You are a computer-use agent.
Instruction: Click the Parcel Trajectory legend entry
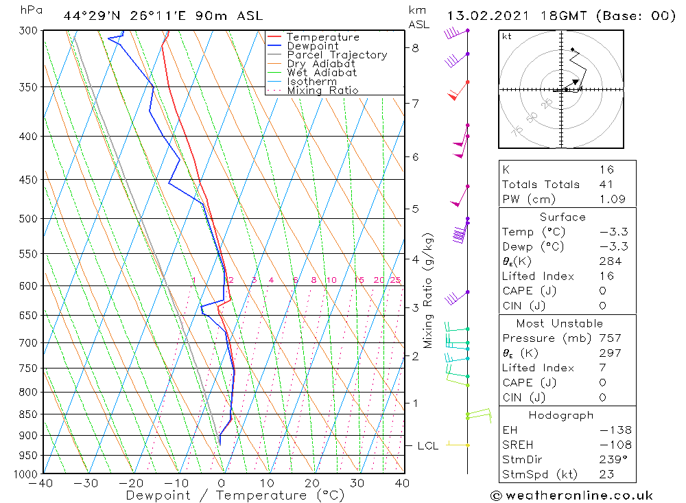pos(336,55)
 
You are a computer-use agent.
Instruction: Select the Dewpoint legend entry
pos(312,46)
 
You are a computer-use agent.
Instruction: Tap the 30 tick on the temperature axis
pos(356,484)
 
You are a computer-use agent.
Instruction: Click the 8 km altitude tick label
pos(416,48)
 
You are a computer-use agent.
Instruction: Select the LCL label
pos(428,446)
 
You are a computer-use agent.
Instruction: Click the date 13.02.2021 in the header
pos(483,16)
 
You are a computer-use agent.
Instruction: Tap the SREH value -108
pos(606,445)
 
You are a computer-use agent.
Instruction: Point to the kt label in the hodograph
pos(507,36)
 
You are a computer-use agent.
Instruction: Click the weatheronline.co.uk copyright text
pos(571,495)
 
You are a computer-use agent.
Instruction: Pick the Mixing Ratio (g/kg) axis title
pos(429,290)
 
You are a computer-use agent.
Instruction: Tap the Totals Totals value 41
pos(606,185)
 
